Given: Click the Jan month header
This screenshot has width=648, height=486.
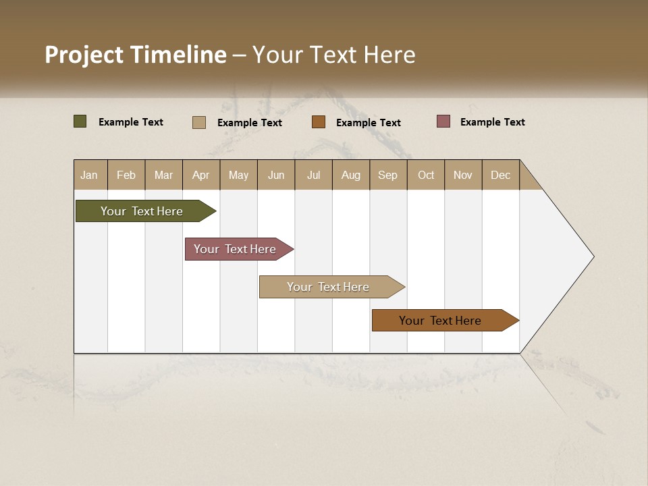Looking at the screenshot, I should point(90,175).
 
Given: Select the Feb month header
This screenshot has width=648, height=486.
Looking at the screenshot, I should point(126,175).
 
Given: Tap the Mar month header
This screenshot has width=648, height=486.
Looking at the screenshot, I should point(163,175).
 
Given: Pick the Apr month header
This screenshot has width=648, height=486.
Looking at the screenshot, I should point(201,175).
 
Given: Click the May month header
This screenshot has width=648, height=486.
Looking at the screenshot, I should point(238,175).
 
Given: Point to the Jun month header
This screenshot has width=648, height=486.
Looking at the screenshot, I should point(276,175).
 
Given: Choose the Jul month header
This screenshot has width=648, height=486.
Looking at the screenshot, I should point(313,175).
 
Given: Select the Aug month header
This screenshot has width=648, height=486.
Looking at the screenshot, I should point(351,175).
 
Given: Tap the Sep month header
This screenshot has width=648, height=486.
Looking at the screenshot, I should point(388,175).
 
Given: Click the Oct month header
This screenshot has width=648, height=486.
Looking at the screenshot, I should point(426,175).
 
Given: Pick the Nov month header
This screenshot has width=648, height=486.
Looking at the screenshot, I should point(463,175).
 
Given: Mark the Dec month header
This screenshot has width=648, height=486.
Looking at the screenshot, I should point(501,175).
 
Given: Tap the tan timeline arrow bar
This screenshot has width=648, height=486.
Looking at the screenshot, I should point(329,287).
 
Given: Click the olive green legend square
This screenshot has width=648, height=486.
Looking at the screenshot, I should point(80,122).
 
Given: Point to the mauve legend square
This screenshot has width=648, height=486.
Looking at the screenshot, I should point(443,122).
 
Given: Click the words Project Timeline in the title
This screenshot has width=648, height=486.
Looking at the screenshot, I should point(136,55).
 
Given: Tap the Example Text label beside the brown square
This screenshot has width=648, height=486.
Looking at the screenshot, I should point(368,123).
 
